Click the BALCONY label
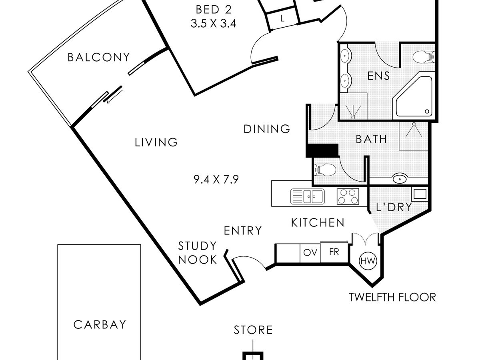[x=99, y=58]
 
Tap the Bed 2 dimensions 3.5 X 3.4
[x=213, y=24]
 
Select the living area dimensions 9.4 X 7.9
[x=216, y=180]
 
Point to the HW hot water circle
[x=368, y=261]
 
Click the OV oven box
[x=310, y=253]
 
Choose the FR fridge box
[x=334, y=252]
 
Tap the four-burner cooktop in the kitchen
[x=348, y=196]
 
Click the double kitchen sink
[x=308, y=196]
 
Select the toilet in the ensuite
[x=424, y=57]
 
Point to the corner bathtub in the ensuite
[x=413, y=96]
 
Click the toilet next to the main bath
[x=324, y=170]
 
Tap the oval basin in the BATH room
[x=400, y=179]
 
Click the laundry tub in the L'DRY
[x=420, y=194]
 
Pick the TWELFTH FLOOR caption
[x=392, y=297]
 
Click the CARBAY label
[x=100, y=324]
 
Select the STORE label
[x=253, y=330]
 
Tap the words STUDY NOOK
[x=198, y=253]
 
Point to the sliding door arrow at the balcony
[x=114, y=96]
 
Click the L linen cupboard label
[x=282, y=18]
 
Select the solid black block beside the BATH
[x=322, y=150]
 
